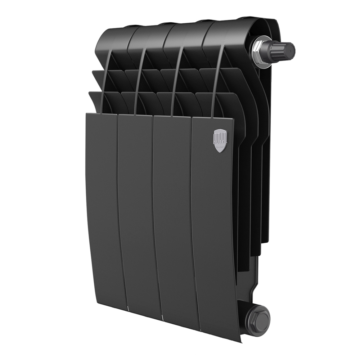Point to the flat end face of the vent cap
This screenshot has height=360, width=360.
tap(291, 49)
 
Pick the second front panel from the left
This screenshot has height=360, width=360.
tap(139, 212)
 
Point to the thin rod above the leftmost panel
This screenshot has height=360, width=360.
tap(104, 83)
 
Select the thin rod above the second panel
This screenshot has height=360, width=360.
tap(139, 83)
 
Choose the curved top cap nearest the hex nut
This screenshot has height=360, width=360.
tap(230, 31)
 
